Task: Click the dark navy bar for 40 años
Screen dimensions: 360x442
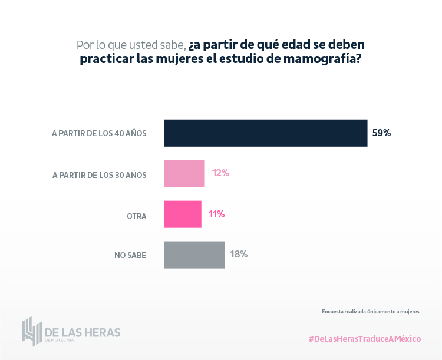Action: coord(265,133)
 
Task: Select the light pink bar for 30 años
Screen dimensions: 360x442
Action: coord(184,174)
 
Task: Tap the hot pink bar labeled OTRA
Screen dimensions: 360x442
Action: coord(182,214)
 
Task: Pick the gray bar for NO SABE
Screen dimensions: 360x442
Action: coord(194,255)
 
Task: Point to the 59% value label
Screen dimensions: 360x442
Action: coord(381,133)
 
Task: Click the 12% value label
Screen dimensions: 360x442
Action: coord(220,173)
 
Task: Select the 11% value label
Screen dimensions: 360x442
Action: coord(216,214)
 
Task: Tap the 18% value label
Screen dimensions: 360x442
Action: coord(239,255)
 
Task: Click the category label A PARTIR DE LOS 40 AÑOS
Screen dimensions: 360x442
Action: coord(99,134)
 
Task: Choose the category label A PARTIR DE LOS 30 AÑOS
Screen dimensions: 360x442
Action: coord(99,175)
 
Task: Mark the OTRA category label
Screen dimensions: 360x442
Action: coord(137,216)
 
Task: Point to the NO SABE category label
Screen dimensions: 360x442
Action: coord(130,256)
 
